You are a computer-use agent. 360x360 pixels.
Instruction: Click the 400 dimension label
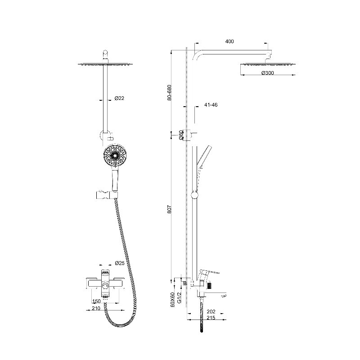[x=229, y=41]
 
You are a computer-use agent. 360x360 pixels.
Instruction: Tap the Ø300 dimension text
[x=267, y=73]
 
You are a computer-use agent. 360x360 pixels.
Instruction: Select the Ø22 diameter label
[x=119, y=98]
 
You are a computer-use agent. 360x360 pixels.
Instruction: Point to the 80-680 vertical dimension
[x=170, y=93]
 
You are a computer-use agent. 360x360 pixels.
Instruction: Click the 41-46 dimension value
[x=211, y=105]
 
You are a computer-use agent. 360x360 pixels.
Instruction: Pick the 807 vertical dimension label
[x=170, y=209]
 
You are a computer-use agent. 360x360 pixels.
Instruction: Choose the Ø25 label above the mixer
[x=120, y=263]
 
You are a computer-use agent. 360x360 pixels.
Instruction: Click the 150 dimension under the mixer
[x=96, y=301]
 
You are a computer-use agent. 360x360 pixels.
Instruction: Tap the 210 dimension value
[x=96, y=308]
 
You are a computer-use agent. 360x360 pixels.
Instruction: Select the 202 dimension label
[x=211, y=311]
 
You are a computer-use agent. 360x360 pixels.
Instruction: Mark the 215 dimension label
[x=211, y=318]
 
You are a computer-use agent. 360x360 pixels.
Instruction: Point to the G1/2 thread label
[x=180, y=297]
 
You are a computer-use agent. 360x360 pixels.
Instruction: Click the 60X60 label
[x=173, y=299]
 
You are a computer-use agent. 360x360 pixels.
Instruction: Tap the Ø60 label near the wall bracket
[x=181, y=135]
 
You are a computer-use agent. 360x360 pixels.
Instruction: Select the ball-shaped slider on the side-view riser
[x=194, y=195]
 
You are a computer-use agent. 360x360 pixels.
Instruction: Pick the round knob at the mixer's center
[x=105, y=286]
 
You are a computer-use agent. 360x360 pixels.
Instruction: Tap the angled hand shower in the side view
[x=204, y=157]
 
